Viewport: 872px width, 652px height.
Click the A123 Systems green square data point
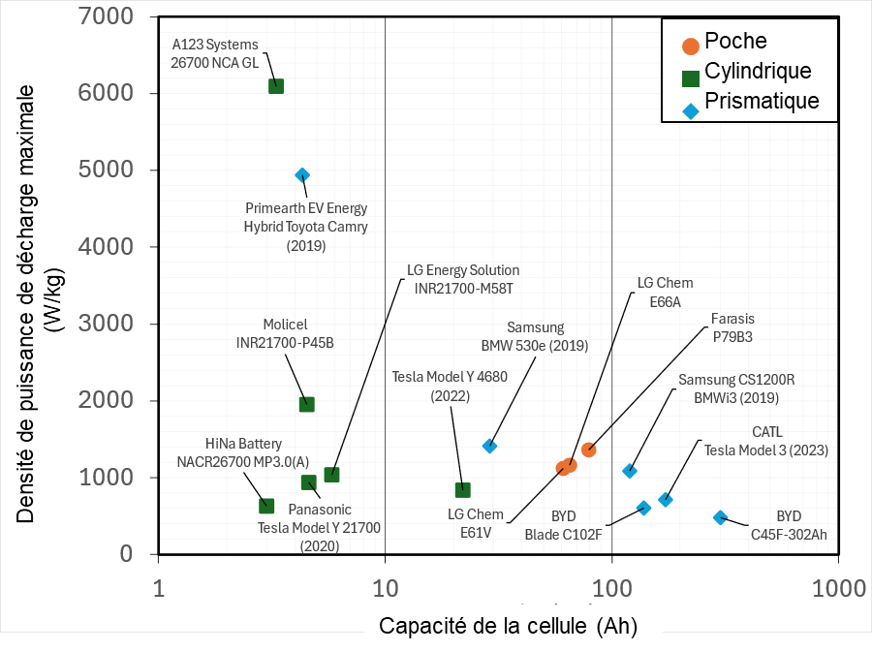[276, 86]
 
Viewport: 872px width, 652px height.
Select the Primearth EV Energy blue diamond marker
[302, 175]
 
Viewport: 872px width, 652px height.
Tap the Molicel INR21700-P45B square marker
[306, 404]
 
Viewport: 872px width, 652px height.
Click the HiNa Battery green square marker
[266, 506]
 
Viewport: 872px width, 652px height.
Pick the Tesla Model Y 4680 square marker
[463, 489]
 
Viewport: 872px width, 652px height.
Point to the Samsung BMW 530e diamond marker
[490, 446]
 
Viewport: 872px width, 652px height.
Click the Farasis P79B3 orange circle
[588, 450]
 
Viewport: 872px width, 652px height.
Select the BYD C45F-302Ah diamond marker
[720, 517]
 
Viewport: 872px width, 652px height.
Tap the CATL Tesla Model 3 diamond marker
[666, 499]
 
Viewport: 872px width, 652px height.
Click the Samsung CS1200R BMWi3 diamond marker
[630, 471]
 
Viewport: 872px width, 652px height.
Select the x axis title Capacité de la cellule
[508, 625]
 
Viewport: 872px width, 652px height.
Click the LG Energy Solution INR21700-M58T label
[463, 279]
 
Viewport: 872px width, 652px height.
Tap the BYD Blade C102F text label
[564, 525]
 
